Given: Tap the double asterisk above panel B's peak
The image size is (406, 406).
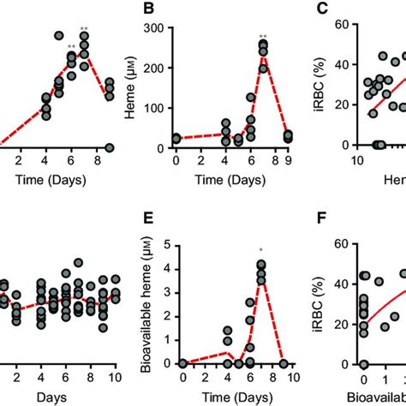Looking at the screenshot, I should click(x=263, y=37).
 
